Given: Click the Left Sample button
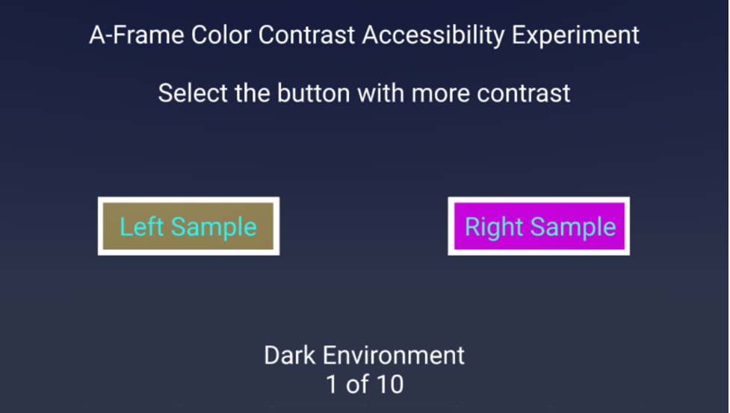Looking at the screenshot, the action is (x=188, y=226).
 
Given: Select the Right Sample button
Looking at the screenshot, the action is (x=539, y=226).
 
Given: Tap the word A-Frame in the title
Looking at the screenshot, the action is (x=137, y=35).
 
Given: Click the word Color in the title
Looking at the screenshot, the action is (x=221, y=35).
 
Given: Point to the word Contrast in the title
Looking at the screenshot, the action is (x=306, y=35).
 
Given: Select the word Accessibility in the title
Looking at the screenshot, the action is (x=433, y=36).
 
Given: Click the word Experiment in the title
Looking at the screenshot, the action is (x=575, y=36).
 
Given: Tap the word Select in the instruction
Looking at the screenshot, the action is (x=194, y=93).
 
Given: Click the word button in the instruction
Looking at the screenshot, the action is (x=313, y=93).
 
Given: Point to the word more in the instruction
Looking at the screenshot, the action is (x=440, y=94).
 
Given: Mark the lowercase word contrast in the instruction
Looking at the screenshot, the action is (x=523, y=94).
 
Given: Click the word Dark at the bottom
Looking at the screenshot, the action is (x=290, y=355).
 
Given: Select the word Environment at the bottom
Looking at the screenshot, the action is (x=394, y=355).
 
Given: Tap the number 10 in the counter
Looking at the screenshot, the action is (x=390, y=384).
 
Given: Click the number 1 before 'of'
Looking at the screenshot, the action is (x=332, y=384).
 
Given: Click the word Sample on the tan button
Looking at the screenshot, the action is (x=214, y=227).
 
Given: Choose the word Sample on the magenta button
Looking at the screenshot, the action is (x=573, y=227).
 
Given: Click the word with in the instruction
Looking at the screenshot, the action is (x=380, y=93).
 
